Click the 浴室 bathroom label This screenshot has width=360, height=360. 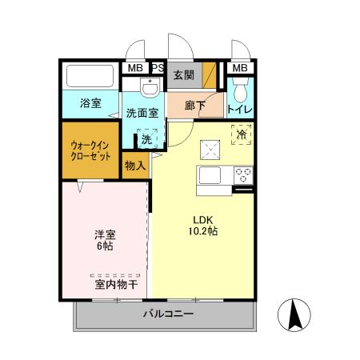[90, 102]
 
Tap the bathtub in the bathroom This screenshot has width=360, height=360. [90, 78]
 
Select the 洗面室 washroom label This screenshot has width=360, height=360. [144, 113]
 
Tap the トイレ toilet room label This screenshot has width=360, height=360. [240, 110]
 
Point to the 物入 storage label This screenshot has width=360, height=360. [135, 166]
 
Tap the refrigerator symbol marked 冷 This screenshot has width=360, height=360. [241, 134]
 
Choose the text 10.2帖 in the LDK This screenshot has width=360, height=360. [203, 230]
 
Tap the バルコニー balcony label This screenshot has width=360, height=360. [168, 314]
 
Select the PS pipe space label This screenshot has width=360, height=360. [158, 68]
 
